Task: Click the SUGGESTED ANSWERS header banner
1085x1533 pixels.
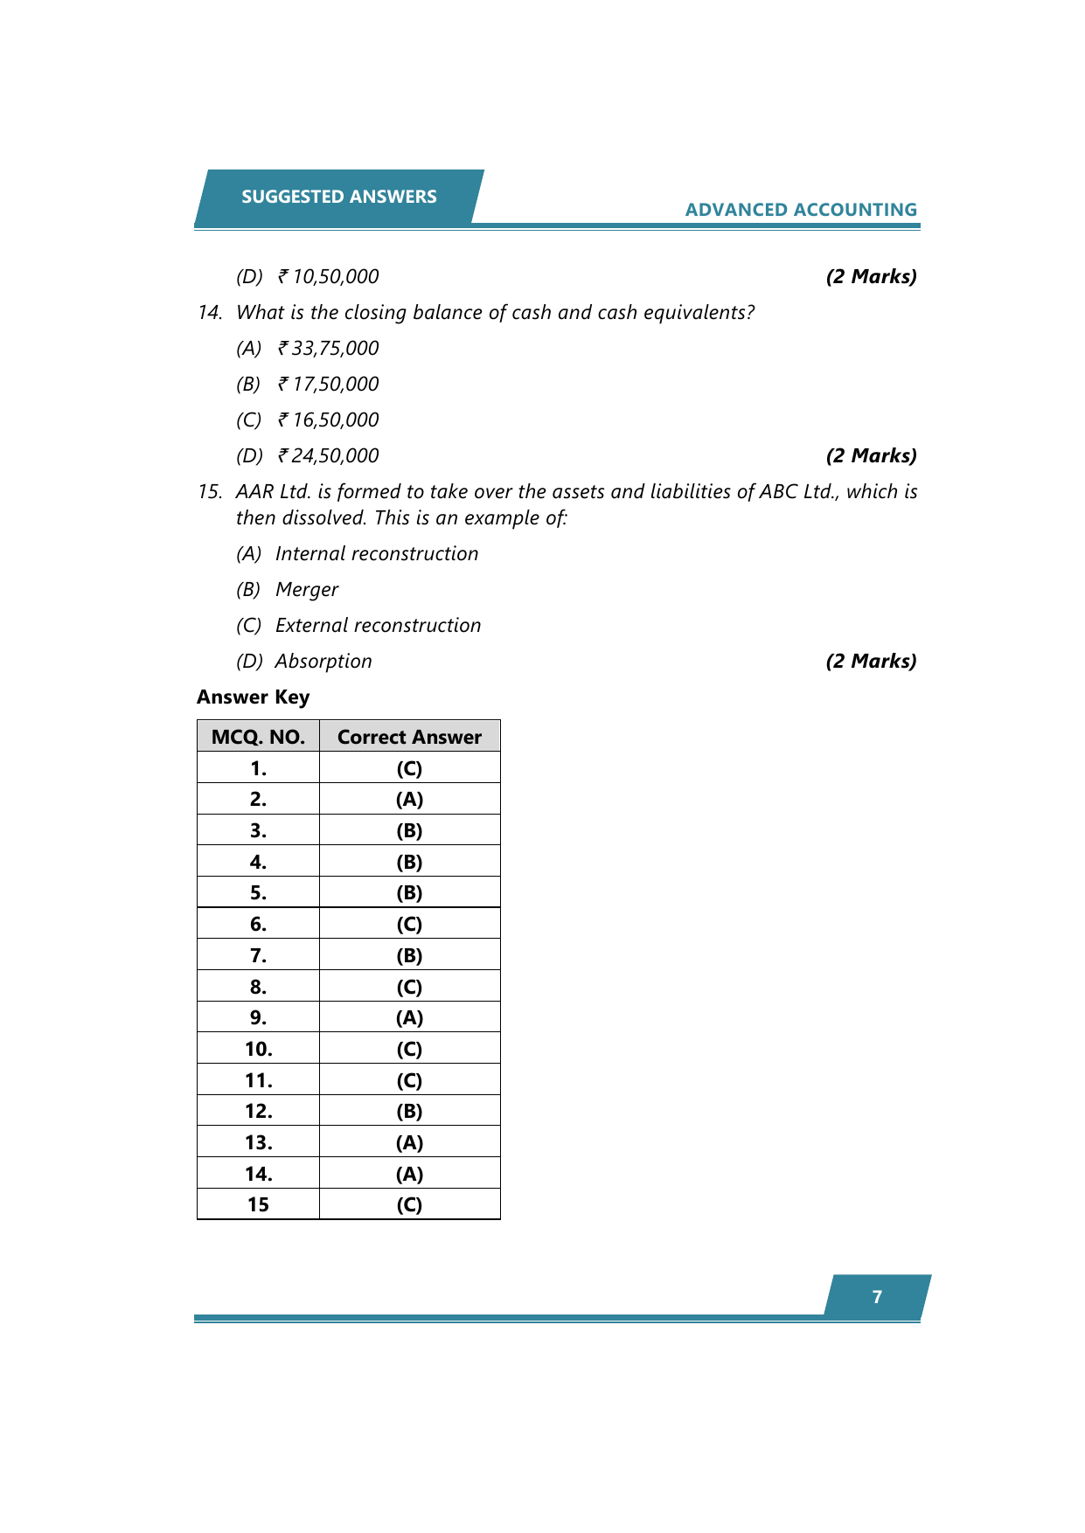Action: click(338, 197)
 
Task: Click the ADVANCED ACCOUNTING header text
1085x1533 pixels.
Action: click(800, 210)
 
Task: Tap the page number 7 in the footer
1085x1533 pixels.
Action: click(877, 1297)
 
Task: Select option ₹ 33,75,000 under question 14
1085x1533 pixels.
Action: click(328, 349)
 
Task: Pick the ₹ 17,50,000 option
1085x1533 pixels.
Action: click(328, 385)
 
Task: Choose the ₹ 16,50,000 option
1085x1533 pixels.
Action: click(328, 420)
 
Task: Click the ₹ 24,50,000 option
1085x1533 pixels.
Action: click(328, 456)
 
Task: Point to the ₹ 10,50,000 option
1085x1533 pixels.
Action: click(328, 277)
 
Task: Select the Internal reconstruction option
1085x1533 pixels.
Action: click(376, 554)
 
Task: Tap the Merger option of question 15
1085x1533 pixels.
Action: click(306, 590)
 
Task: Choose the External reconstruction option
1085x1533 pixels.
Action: click(378, 626)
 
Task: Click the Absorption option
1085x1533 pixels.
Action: click(323, 662)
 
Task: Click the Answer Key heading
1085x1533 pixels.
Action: click(253, 697)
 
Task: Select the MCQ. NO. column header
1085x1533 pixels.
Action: click(258, 737)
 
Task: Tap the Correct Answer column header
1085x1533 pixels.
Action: click(409, 737)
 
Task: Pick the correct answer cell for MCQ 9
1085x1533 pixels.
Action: click(409, 1017)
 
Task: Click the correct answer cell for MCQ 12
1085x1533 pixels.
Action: click(409, 1111)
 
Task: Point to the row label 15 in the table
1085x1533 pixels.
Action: click(258, 1204)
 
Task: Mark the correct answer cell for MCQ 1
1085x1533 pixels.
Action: click(409, 768)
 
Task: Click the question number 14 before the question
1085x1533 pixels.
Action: click(210, 313)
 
